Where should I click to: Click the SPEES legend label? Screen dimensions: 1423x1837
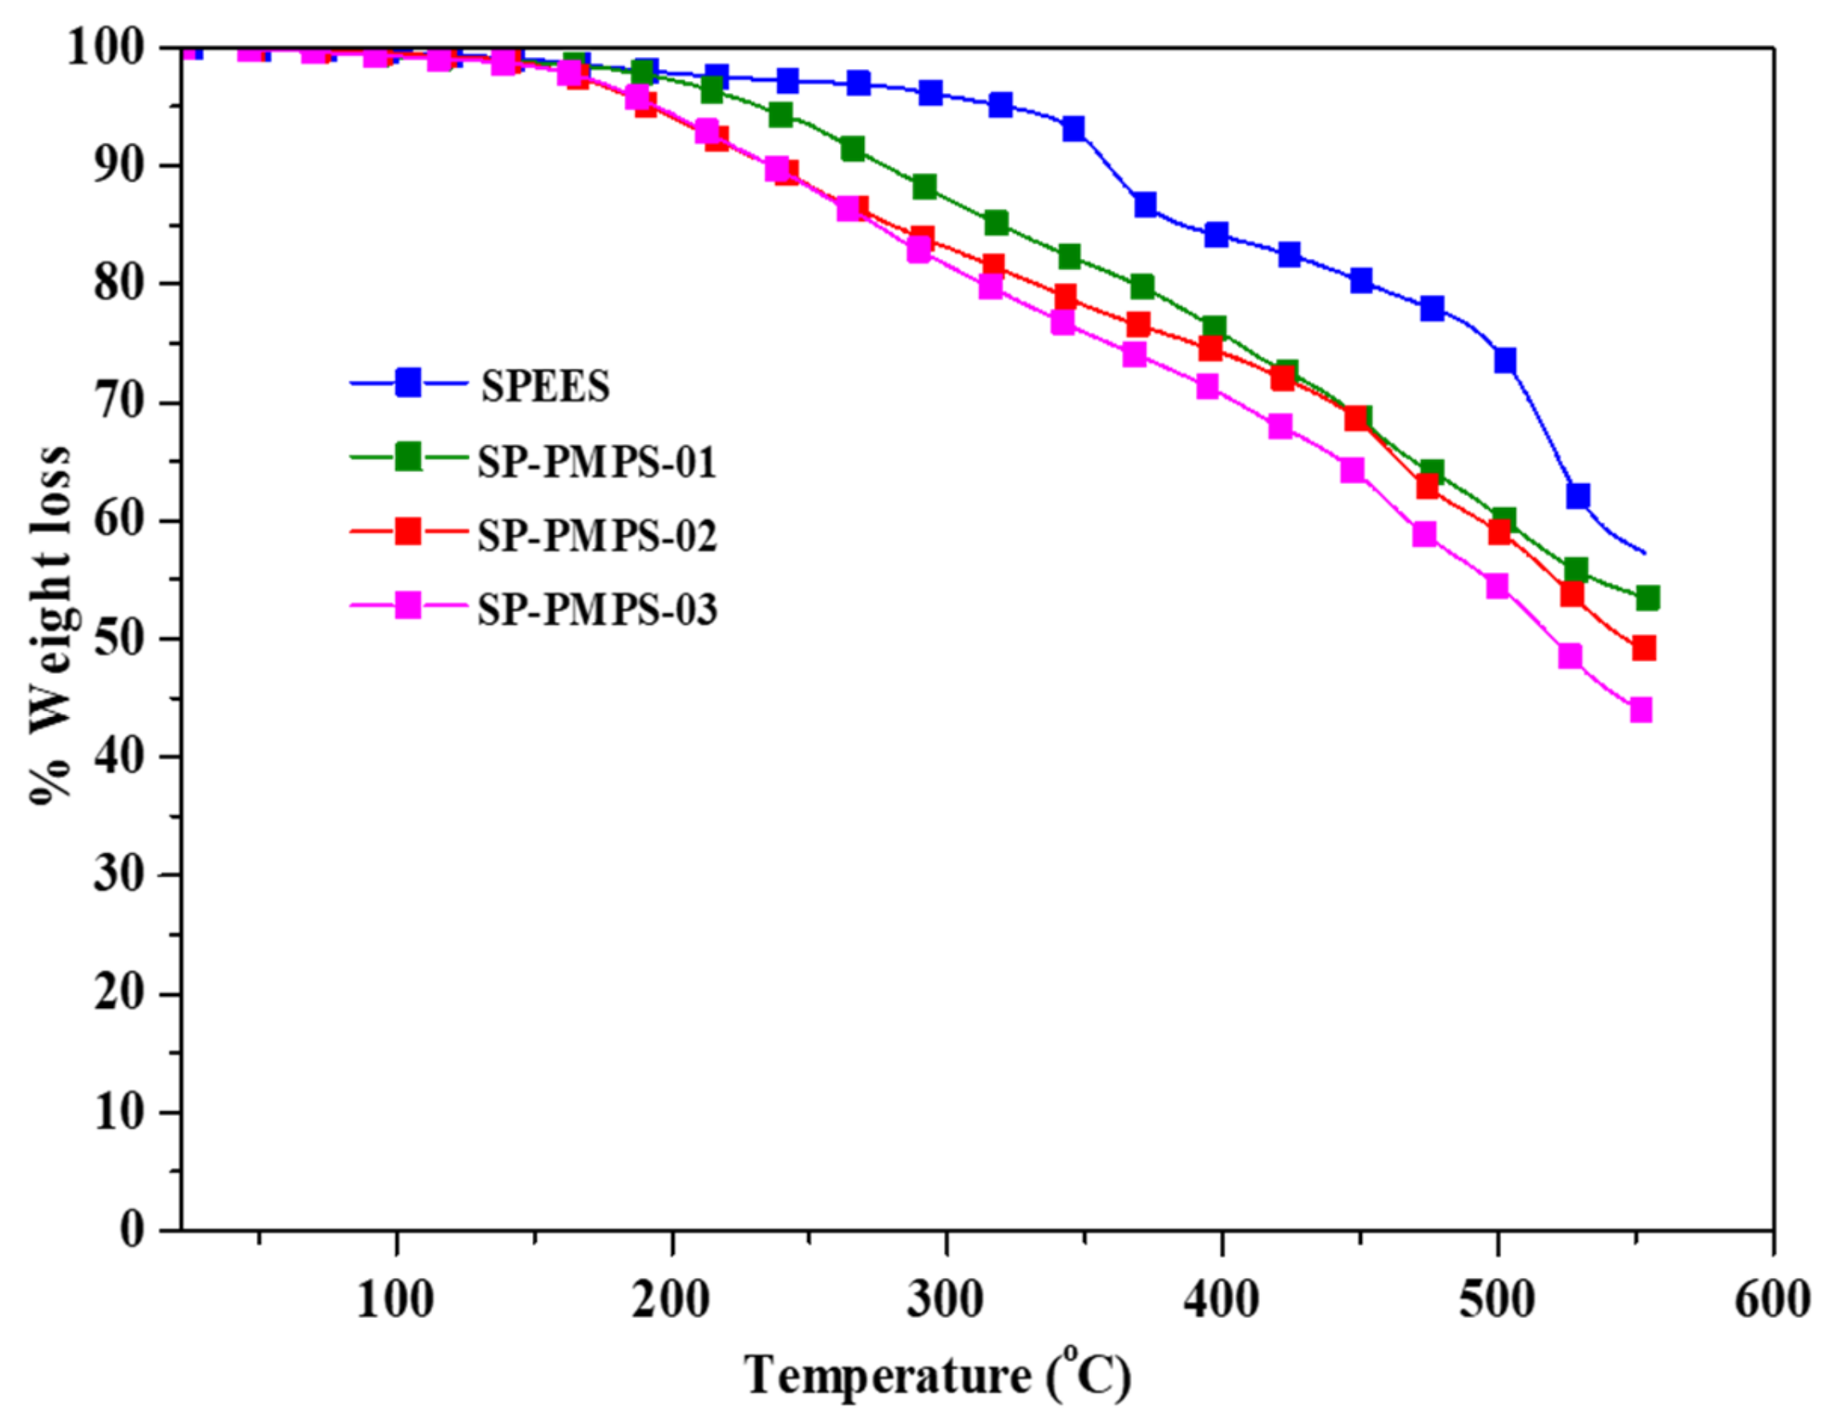(x=545, y=387)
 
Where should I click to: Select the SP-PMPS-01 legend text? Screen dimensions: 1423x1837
(x=597, y=462)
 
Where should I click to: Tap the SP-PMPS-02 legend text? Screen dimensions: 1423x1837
(x=597, y=536)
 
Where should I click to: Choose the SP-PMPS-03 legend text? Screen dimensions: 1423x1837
(x=597, y=610)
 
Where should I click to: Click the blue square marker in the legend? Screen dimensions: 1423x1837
(x=408, y=383)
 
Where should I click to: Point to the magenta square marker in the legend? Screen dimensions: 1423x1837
(x=408, y=606)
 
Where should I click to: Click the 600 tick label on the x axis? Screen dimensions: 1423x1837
(x=1771, y=1300)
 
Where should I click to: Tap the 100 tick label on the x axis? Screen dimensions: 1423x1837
(x=394, y=1300)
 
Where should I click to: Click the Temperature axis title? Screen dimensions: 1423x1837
(x=937, y=1376)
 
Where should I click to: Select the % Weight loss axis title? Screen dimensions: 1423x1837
(x=50, y=624)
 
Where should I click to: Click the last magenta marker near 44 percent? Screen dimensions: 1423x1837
(x=1640, y=710)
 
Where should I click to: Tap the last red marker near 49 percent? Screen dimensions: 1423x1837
(x=1644, y=647)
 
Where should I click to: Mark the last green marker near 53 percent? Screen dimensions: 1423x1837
(x=1647, y=598)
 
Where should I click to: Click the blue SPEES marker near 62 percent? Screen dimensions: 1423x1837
(x=1577, y=495)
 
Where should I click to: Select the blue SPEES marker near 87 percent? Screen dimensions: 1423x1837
(x=1145, y=204)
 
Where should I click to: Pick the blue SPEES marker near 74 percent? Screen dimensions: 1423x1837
(x=1504, y=360)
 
